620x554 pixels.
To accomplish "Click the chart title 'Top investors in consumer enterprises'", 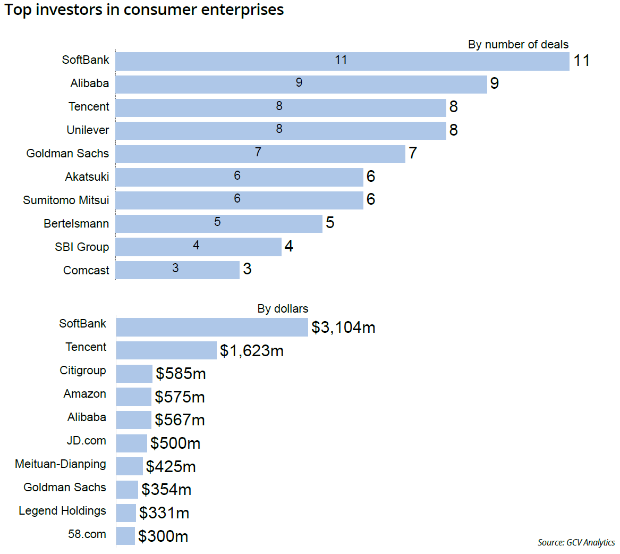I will coord(144,10).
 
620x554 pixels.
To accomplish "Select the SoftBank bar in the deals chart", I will coord(342,61).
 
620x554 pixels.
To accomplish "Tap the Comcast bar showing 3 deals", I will coord(177,270).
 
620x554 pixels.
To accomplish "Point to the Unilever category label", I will coord(88,130).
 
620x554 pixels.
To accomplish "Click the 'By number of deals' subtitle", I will coord(518,45).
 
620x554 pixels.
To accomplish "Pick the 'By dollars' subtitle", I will coord(283,309).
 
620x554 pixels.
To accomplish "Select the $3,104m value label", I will coord(343,328).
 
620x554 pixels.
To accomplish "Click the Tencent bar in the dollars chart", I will coord(166,350).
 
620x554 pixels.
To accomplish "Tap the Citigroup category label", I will coord(83,371).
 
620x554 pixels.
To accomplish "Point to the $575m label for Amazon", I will coord(180,397).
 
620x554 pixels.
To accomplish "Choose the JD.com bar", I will coord(131,443).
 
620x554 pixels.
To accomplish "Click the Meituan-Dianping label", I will coord(61,464).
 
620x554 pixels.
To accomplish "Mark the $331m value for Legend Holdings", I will coord(164,513).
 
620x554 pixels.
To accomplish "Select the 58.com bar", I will coord(125,536).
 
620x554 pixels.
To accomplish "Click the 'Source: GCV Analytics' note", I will coord(576,543).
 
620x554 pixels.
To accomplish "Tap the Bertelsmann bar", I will coord(219,224).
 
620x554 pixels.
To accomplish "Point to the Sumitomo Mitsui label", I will coord(66,200).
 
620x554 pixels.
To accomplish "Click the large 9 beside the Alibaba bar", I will coord(495,84).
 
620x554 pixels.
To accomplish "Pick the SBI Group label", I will coord(82,247).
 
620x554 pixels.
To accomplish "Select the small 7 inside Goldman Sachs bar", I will coord(258,153).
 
